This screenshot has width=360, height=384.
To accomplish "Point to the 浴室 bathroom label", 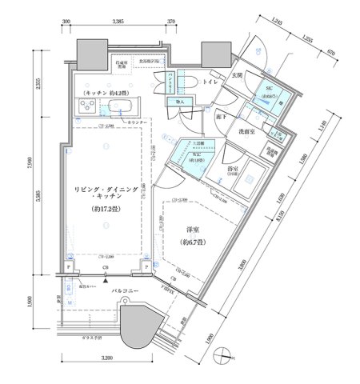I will point(234,170).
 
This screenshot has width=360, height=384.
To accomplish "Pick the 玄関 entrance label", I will point(237,75).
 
